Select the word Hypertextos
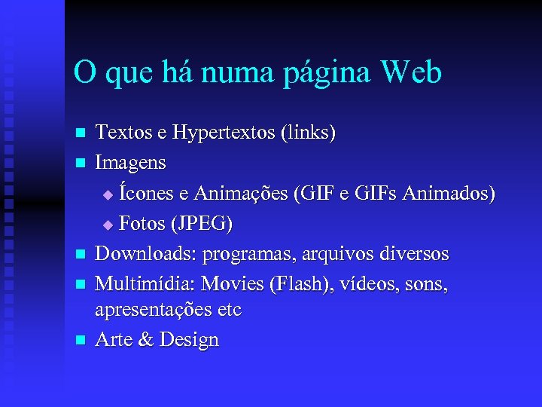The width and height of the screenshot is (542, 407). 224,133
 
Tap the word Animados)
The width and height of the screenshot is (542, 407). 449,194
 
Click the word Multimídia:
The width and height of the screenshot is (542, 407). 144,284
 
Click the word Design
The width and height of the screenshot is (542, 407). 188,341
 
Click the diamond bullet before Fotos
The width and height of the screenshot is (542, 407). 107,225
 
